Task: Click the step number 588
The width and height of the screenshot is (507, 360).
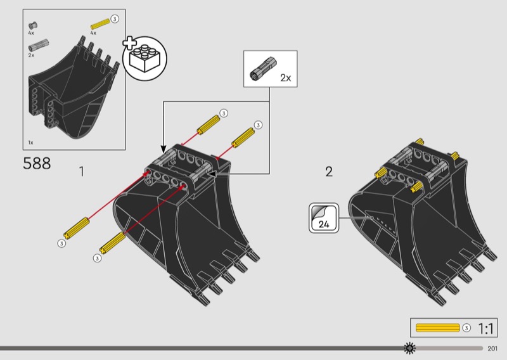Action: (37, 164)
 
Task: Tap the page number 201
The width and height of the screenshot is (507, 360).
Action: (492, 349)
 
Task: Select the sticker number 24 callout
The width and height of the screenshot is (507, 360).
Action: (324, 218)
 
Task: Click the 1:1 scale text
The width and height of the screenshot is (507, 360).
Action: (485, 328)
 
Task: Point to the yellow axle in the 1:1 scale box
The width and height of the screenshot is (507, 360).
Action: (437, 328)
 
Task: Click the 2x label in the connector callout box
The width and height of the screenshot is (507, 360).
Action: (286, 78)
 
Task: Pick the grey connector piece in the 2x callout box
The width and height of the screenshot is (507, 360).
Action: (263, 68)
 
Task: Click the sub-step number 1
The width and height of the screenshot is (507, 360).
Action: (82, 171)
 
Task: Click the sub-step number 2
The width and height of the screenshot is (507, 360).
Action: (329, 171)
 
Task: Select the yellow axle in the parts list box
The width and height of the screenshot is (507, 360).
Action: (100, 24)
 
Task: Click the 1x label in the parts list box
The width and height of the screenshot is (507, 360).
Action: (30, 143)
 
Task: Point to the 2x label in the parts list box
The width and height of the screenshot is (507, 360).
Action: (31, 55)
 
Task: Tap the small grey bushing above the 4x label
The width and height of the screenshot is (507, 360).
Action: (33, 25)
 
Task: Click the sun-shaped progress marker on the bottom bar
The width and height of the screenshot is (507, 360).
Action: (409, 348)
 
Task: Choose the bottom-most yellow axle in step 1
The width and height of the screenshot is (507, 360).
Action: (113, 242)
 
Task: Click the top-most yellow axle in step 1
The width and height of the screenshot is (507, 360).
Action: (209, 125)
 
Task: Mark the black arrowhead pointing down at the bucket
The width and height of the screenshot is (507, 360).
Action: (164, 149)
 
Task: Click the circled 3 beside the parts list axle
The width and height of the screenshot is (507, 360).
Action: (115, 19)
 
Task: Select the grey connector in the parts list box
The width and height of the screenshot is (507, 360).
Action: (39, 45)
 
